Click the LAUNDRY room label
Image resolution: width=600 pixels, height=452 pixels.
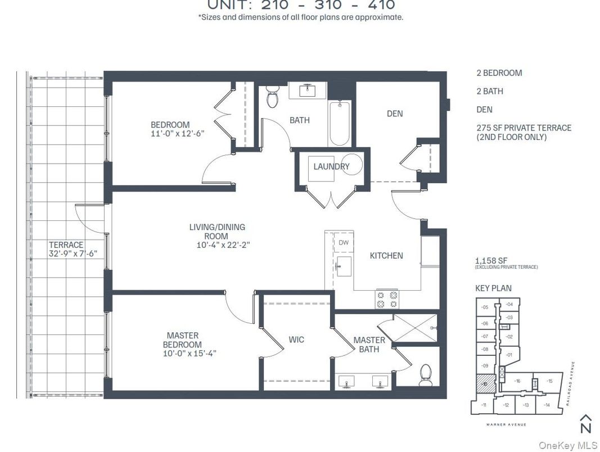click(331, 166)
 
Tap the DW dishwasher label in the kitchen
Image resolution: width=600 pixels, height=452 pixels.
click(344, 243)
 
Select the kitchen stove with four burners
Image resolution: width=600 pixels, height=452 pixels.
click(386, 299)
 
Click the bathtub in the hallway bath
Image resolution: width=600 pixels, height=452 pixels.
click(340, 123)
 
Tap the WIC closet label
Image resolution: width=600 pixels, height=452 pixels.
click(296, 340)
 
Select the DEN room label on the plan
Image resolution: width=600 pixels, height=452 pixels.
click(395, 114)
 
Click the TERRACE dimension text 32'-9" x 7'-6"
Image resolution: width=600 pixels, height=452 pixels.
click(73, 254)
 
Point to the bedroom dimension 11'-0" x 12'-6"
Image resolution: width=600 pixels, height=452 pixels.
click(177, 134)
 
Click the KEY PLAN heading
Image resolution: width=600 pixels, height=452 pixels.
click(493, 288)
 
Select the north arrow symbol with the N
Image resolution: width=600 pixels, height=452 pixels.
click(586, 424)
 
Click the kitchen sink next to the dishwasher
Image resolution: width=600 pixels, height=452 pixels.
click(344, 263)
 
